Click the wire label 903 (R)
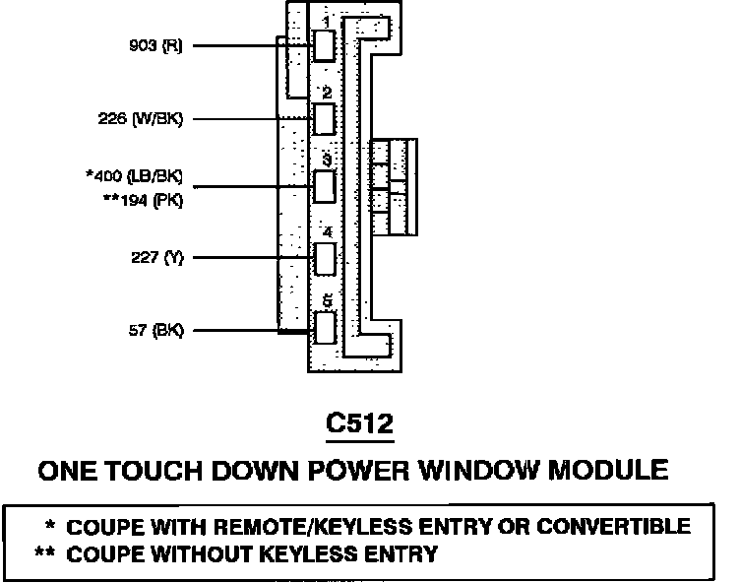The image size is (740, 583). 155,45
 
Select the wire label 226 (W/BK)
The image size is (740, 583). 141,119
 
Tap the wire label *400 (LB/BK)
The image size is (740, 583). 135,178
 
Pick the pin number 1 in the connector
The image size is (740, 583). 326,21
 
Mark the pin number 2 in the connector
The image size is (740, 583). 325,93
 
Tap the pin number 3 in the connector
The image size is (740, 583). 326,160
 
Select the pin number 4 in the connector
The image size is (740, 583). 326,233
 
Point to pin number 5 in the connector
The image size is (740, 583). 326,299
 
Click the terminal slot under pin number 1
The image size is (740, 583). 325,46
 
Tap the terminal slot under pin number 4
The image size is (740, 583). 325,258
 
